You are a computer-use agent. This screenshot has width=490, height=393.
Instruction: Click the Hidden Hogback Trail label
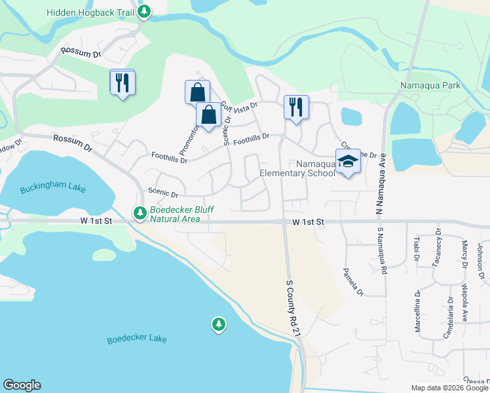pos(89,12)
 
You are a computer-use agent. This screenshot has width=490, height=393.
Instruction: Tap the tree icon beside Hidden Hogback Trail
pos(143,12)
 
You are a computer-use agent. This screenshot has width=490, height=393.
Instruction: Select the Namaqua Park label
pos(430,85)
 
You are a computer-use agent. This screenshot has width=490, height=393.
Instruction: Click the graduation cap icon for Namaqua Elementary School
pos(348,163)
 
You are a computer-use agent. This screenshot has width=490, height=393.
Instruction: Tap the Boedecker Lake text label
pos(138,339)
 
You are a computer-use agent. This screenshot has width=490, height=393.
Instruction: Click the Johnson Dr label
pos(480,258)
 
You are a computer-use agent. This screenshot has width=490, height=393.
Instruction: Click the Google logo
pos(22,385)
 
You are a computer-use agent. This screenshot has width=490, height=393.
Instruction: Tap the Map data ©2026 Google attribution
pos(449,388)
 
